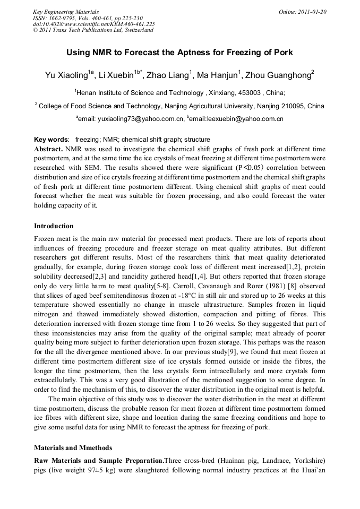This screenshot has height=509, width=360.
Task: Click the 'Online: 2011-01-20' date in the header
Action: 302,12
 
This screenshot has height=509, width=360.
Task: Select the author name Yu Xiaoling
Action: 66,75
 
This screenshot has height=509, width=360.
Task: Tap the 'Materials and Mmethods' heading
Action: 74,447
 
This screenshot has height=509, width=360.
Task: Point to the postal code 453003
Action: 250,92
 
